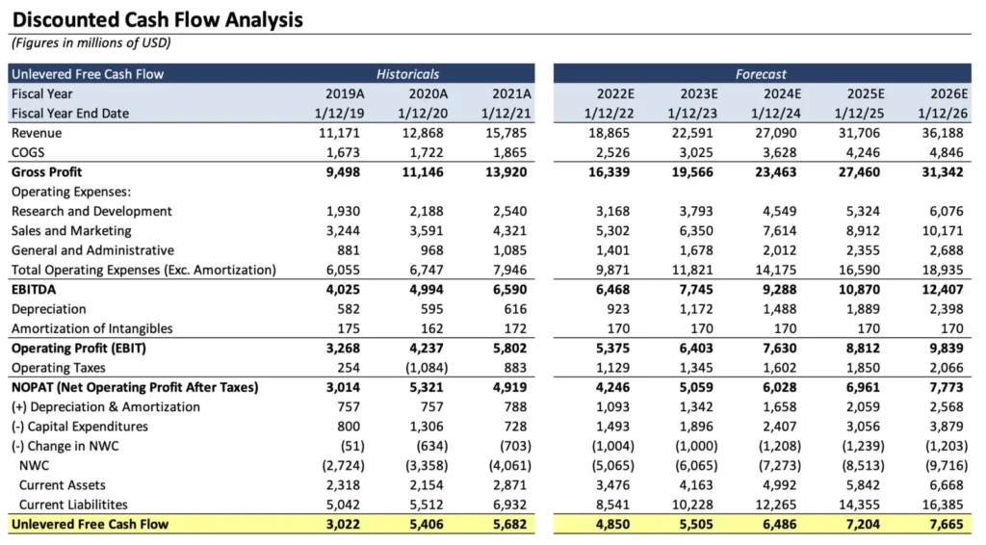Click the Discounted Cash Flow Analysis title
[x=157, y=20]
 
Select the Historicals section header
[x=407, y=74]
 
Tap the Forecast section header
[x=761, y=74]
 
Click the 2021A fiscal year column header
[x=511, y=93]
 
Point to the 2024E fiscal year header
[x=782, y=93]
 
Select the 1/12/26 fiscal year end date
[x=943, y=114]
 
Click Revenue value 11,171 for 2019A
[x=340, y=133]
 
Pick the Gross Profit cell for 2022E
[x=609, y=171]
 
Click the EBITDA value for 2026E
[x=943, y=289]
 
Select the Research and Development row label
[x=91, y=211]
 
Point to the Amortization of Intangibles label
[x=91, y=328]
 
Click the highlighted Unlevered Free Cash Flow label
[x=90, y=524]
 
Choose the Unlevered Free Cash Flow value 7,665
[x=947, y=524]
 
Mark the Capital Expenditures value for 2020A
[x=427, y=427]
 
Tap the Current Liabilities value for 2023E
[x=692, y=505]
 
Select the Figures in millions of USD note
[x=91, y=42]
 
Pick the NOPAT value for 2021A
[x=510, y=387]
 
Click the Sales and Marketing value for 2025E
[x=863, y=231]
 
